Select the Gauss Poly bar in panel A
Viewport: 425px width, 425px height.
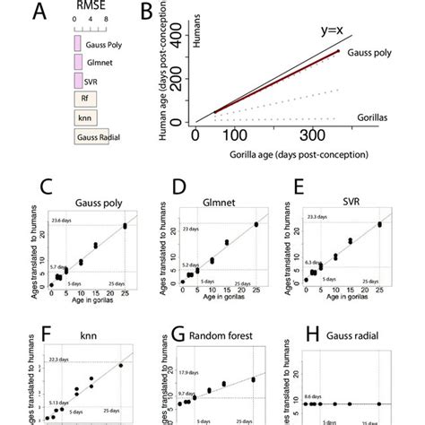point(78,42)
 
